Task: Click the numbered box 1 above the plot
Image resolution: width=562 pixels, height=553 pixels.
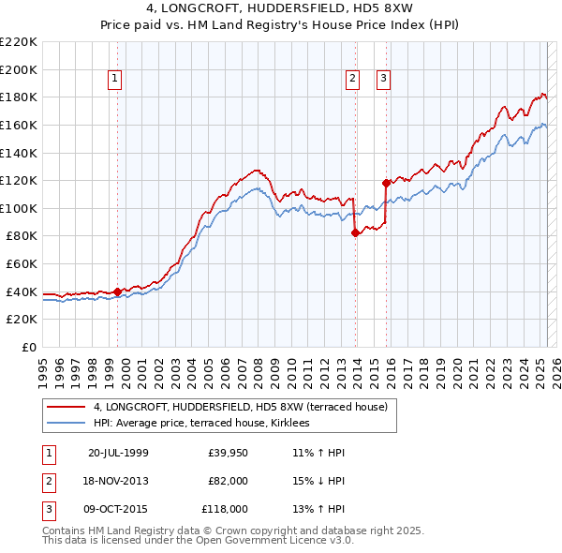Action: click(114, 80)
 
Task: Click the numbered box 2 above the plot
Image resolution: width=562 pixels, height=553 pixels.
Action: click(353, 80)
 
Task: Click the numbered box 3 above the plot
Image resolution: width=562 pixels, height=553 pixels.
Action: click(384, 80)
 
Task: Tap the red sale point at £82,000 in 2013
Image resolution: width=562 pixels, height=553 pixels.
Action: click(355, 233)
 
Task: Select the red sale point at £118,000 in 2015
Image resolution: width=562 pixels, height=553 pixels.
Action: click(386, 184)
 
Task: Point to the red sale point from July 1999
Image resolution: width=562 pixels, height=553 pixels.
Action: click(117, 291)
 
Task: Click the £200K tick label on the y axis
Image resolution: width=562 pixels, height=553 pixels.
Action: click(19, 69)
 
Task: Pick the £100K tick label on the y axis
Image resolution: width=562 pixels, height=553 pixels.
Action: click(19, 208)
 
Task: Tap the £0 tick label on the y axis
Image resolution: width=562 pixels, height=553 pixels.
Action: click(28, 347)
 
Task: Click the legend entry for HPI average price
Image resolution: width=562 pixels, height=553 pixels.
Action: click(208, 424)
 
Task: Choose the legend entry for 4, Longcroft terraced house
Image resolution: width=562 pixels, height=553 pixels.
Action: click(246, 407)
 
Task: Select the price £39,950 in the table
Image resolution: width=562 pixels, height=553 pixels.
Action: click(228, 453)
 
